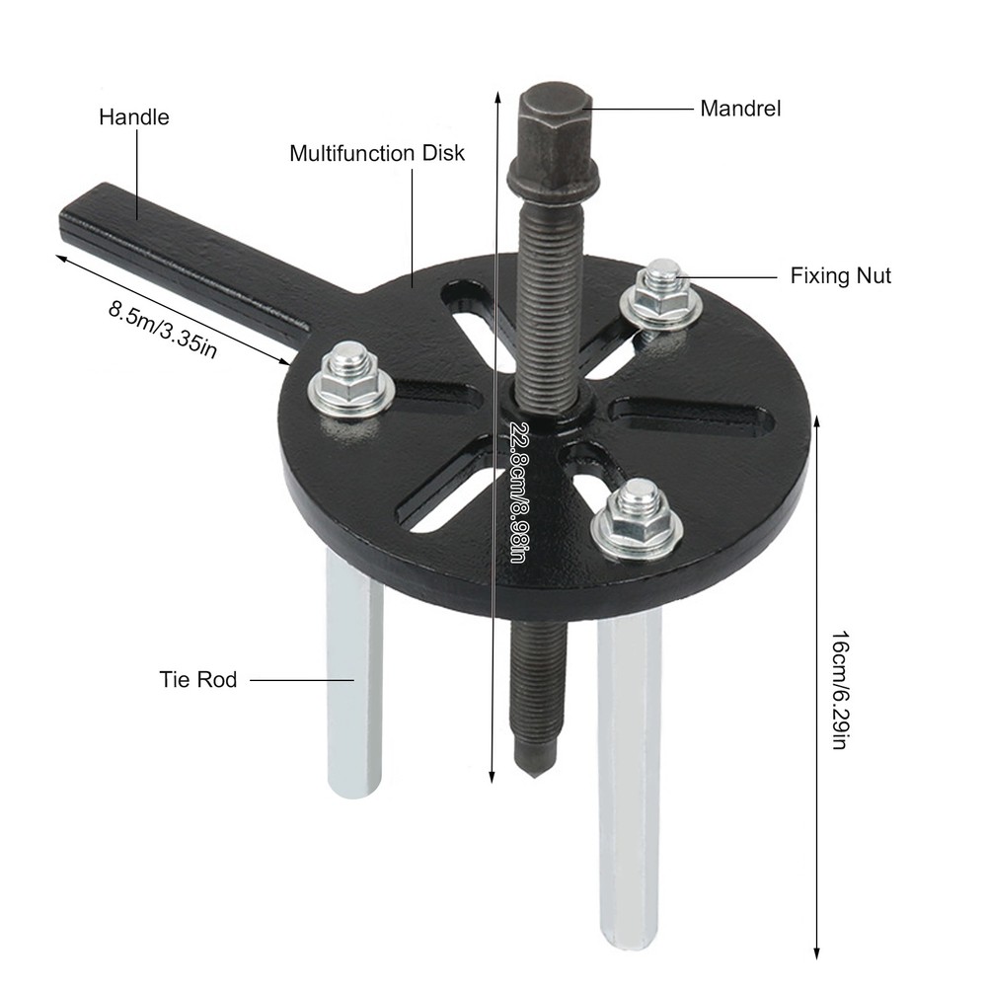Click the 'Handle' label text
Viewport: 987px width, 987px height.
pos(133,117)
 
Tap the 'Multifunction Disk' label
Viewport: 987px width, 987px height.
pos(376,154)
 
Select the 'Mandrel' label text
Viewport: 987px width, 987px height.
pos(740,109)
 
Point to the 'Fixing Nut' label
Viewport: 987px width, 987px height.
pos(840,275)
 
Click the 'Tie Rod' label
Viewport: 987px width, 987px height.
pos(198,679)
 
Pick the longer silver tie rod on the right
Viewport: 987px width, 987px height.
pos(629,770)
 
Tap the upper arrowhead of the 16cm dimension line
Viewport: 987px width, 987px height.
pos(817,420)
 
